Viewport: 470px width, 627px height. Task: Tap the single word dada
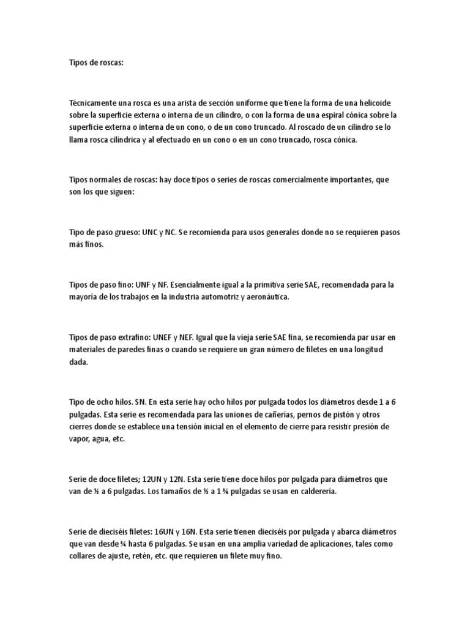point(79,362)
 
